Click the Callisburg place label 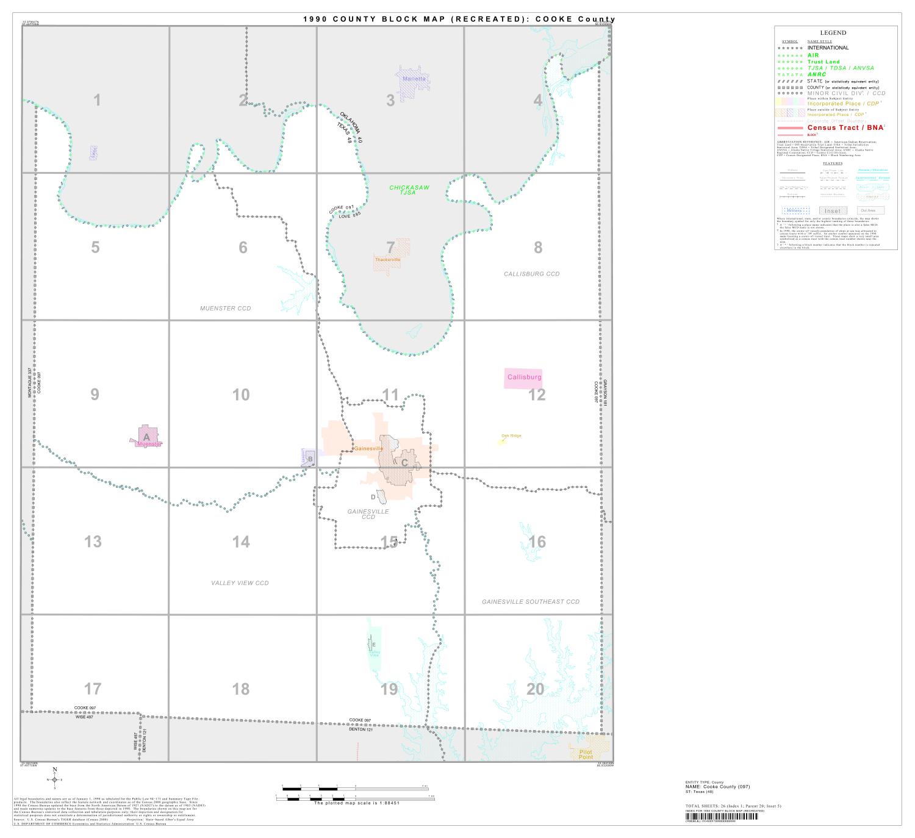(x=524, y=378)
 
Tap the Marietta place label (x=414, y=79)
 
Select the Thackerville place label (x=388, y=260)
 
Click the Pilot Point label (x=586, y=754)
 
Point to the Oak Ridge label (x=511, y=435)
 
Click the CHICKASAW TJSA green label (x=409, y=190)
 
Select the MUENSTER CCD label (x=225, y=309)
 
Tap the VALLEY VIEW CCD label (x=240, y=583)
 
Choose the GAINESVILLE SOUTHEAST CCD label (x=530, y=602)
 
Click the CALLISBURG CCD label (x=531, y=274)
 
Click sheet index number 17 (x=93, y=689)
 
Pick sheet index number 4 (x=537, y=101)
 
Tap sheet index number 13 (x=93, y=542)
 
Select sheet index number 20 (x=535, y=689)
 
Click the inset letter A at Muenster (x=146, y=437)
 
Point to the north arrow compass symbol (x=55, y=779)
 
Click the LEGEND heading (x=833, y=33)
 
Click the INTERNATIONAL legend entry (x=828, y=48)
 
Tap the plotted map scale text (x=356, y=803)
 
